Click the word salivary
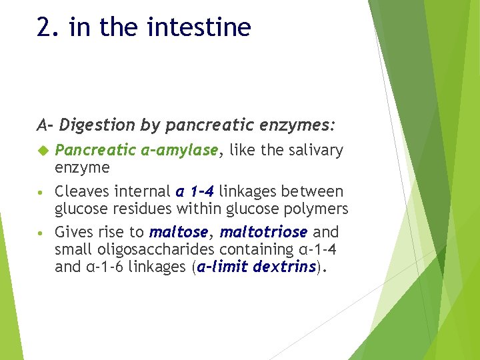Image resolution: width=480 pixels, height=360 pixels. [315, 151]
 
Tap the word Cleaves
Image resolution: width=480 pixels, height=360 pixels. [79, 192]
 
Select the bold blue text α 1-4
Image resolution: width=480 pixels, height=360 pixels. [195, 192]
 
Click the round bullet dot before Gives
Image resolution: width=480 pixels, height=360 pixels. [41, 233]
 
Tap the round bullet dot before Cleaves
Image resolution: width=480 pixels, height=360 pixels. [41, 193]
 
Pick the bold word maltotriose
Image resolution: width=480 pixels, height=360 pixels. [263, 233]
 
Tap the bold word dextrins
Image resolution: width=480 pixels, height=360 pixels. [282, 266]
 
